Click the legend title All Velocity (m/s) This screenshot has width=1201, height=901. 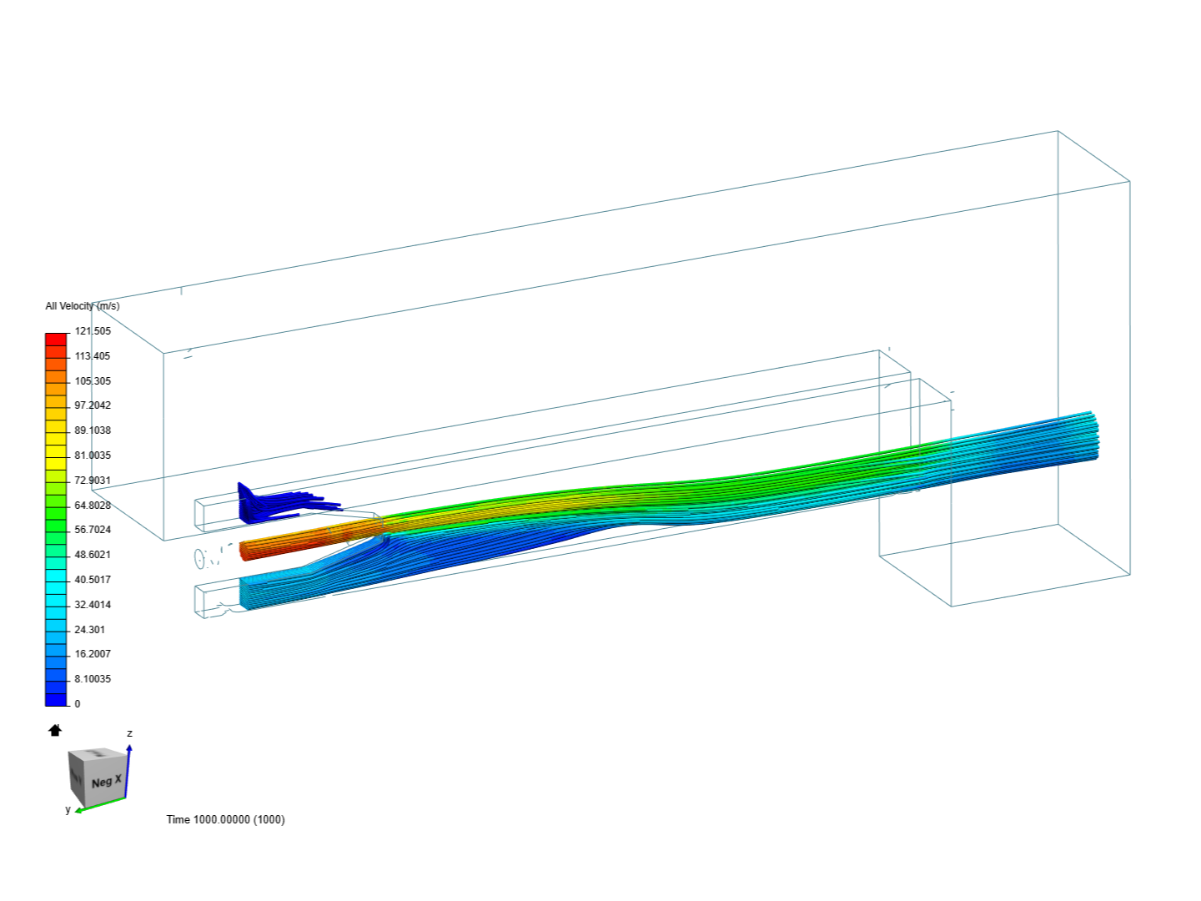pyautogui.click(x=82, y=306)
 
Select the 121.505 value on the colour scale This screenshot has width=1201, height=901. pyautogui.click(x=93, y=331)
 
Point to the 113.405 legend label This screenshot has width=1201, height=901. pyautogui.click(x=93, y=356)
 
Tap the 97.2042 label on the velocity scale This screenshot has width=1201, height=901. pyautogui.click(x=93, y=405)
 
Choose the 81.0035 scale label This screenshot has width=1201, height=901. pyautogui.click(x=93, y=456)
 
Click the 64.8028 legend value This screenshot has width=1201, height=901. pyautogui.click(x=93, y=505)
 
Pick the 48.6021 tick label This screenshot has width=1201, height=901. pyautogui.click(x=93, y=555)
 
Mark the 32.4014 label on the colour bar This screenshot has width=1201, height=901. pyautogui.click(x=93, y=605)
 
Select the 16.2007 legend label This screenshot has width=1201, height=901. pyautogui.click(x=93, y=654)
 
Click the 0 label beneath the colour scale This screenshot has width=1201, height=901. pyautogui.click(x=78, y=704)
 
